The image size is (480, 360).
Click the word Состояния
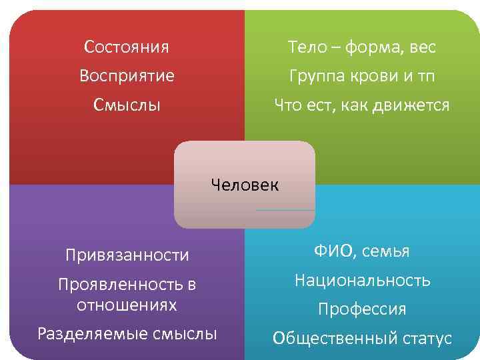(127, 47)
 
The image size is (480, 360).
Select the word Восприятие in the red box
(127, 76)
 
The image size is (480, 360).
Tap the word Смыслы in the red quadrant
(127, 105)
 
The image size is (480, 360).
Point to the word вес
(422, 47)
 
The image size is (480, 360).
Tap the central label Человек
(245, 184)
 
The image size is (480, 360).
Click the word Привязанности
(127, 255)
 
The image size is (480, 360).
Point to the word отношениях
(127, 305)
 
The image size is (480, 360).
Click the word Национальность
(362, 281)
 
